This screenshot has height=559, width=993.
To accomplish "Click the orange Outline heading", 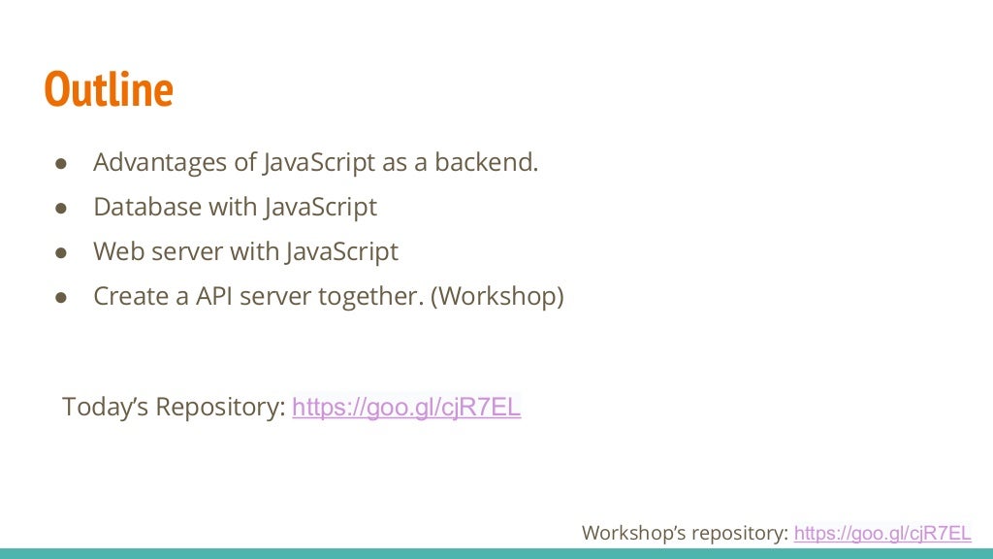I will (x=109, y=90).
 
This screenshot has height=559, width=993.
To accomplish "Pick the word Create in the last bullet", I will (x=127, y=297).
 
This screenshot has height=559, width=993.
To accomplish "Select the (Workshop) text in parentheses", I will (x=496, y=297).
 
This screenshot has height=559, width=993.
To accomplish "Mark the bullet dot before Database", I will (x=60, y=209).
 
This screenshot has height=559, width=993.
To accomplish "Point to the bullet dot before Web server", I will (x=60, y=253).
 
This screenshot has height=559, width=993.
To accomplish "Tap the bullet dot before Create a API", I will (x=60, y=298).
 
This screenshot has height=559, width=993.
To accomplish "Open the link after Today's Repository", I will (x=406, y=408).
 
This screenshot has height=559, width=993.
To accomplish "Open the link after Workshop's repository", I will (x=881, y=533).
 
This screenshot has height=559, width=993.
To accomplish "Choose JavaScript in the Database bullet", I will (x=318, y=208).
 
